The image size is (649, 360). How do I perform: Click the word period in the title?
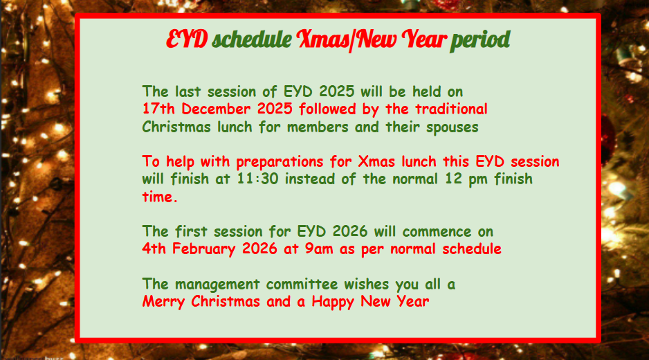tap(480, 40)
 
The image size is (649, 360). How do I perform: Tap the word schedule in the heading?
tap(252, 39)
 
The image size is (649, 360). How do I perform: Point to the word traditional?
tap(451, 109)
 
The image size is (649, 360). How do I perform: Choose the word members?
tap(318, 127)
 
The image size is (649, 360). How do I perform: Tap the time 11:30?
tap(257, 179)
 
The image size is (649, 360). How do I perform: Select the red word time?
tap(160, 197)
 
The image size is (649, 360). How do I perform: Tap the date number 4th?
tap(154, 249)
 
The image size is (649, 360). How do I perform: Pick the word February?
tap(203, 249)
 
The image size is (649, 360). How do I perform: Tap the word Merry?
tap(163, 302)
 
